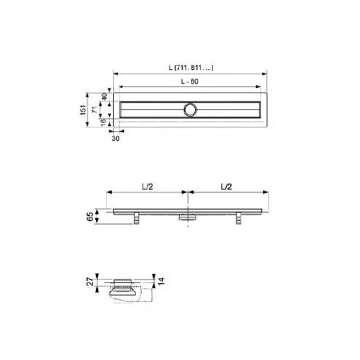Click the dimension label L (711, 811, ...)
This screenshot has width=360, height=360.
click(x=191, y=68)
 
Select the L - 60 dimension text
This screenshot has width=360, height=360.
click(x=189, y=81)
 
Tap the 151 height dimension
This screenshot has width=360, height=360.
click(x=83, y=109)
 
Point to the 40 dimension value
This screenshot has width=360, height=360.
click(x=104, y=96)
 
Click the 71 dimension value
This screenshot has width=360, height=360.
click(x=95, y=109)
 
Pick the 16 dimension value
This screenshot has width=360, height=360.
click(x=103, y=122)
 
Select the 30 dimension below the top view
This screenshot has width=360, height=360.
click(x=115, y=138)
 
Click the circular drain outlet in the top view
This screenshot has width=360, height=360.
click(x=191, y=109)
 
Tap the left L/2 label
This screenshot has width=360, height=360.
click(x=148, y=186)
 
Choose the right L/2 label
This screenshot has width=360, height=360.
click(x=226, y=186)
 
